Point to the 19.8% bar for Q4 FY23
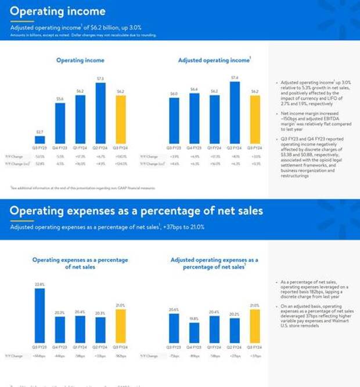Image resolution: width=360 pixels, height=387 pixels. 194,332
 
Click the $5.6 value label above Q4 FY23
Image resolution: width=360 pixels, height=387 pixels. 60,99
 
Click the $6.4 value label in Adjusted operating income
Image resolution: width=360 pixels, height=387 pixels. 194,89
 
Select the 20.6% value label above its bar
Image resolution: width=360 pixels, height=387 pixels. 174,310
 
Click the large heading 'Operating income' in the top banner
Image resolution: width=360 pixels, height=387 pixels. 58,12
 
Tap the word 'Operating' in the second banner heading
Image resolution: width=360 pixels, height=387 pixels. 41,210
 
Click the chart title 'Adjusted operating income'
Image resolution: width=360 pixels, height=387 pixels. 214,60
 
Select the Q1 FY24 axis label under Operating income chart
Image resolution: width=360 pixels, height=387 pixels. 80,149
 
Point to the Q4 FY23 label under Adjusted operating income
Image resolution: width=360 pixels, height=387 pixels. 194,149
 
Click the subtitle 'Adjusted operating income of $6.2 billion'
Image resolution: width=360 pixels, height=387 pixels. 76,27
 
